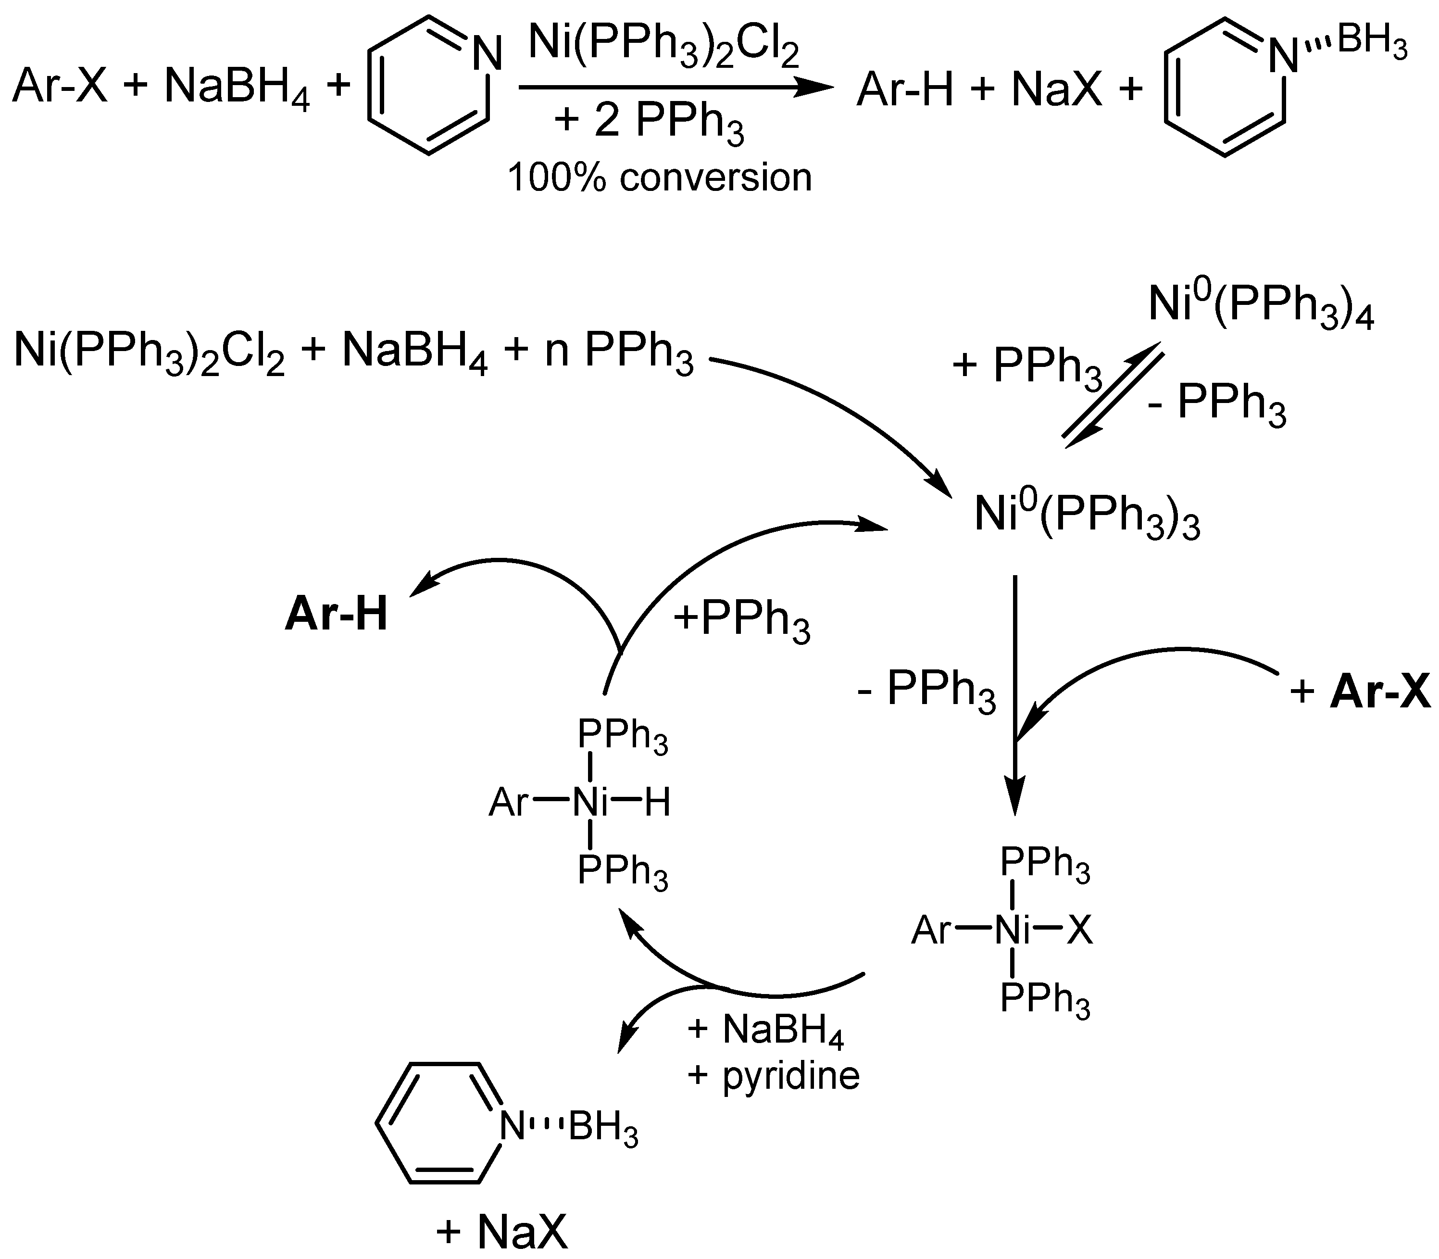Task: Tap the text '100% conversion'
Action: [660, 178]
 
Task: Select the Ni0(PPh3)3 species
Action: [1087, 517]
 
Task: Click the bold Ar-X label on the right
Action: [1380, 692]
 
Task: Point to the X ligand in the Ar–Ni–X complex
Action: [1080, 932]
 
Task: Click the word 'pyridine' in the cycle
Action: [791, 1075]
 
